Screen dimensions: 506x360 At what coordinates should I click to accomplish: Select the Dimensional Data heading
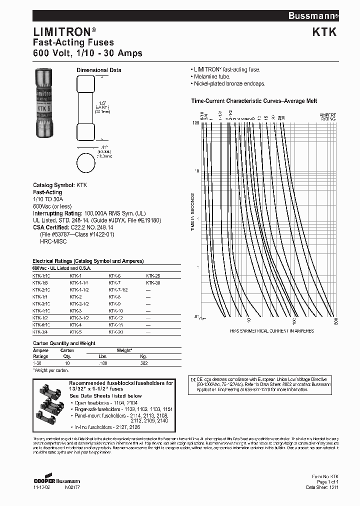(x=98, y=70)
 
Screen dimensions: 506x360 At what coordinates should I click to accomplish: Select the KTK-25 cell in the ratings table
(x=153, y=276)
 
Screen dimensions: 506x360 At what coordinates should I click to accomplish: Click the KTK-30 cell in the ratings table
(x=153, y=282)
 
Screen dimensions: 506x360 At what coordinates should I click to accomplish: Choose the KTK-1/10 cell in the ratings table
(x=41, y=276)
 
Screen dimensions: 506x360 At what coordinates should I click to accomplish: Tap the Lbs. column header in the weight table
(x=103, y=356)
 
